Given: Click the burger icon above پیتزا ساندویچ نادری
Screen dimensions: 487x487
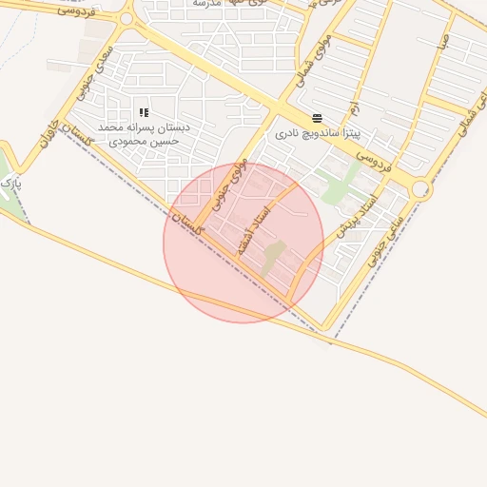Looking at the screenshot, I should point(317,118).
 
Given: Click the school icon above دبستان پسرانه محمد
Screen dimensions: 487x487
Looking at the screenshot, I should point(144,113).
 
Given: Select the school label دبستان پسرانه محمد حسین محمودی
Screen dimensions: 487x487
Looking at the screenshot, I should point(144,133).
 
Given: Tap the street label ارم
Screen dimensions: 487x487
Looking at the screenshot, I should point(353,110).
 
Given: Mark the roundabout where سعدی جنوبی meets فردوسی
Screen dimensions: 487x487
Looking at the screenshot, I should point(127,18).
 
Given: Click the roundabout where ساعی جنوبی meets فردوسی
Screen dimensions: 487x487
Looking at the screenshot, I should point(420,189).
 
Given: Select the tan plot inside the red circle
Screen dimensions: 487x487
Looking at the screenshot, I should point(274,257).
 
